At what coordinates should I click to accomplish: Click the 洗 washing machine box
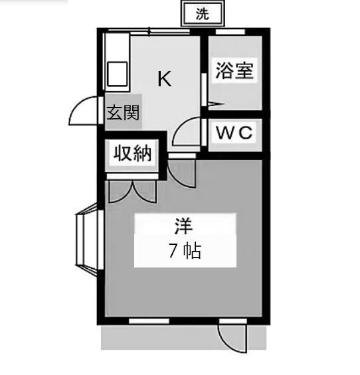(x=203, y=14)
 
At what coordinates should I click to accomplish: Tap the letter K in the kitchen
(x=165, y=79)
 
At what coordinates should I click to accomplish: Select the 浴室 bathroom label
(x=234, y=70)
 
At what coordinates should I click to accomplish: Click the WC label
(x=234, y=132)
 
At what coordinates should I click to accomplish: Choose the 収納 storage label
(x=132, y=153)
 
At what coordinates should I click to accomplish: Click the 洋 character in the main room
(x=184, y=226)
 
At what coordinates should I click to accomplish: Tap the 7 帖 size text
(x=185, y=251)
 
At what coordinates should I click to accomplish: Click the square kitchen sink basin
(x=117, y=74)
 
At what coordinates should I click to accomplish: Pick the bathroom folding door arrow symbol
(x=216, y=104)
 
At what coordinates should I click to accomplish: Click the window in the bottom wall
(x=149, y=321)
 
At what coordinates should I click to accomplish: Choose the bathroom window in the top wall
(x=230, y=32)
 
